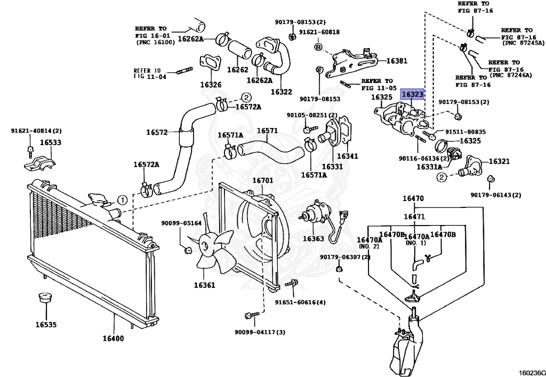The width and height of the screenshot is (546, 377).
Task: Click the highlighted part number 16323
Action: coord(413,94)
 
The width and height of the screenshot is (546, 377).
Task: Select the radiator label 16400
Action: coord(113,339)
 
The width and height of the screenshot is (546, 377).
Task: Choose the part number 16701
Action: coord(262,180)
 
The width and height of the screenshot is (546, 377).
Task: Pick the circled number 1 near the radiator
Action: coord(122,200)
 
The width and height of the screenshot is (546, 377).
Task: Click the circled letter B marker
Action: coord(318,47)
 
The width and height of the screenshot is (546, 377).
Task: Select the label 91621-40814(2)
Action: coord(36,131)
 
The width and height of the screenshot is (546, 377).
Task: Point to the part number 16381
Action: coord(397,61)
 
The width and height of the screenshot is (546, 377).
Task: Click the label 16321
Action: coord(500,161)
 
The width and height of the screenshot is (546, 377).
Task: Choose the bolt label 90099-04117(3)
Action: coord(260,332)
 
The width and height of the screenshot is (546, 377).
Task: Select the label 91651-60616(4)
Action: coord(300,302)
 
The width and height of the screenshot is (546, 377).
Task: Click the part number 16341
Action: coord(347,156)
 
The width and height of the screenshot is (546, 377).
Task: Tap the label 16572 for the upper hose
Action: coord(157,132)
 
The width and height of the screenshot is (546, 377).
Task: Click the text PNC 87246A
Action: coord(512,76)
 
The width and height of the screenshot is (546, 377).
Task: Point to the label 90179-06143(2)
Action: coord(495,195)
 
